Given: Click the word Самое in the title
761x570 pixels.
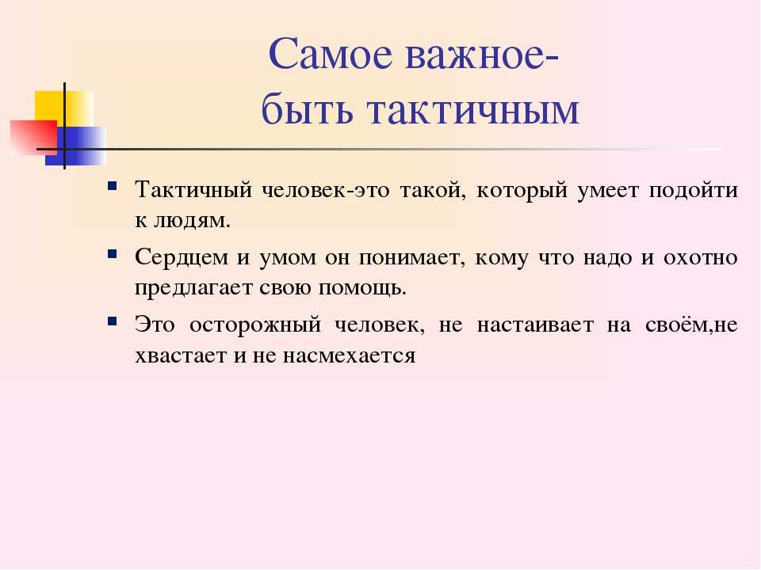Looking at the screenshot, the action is click(x=331, y=54).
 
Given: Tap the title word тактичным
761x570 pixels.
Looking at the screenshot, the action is click(x=473, y=110).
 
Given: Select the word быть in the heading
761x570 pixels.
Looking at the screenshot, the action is click(x=307, y=108).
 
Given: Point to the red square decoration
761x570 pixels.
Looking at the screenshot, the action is click(x=33, y=138).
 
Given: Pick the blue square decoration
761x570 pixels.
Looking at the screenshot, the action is click(x=76, y=146).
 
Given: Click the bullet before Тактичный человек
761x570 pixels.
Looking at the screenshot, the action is click(x=113, y=185).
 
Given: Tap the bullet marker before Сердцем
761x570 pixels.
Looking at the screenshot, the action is click(x=113, y=253).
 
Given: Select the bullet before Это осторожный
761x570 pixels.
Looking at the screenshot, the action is click(x=113, y=321).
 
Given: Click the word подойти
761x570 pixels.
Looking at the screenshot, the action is click(x=693, y=190).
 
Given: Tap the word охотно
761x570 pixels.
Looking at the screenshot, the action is click(x=700, y=257).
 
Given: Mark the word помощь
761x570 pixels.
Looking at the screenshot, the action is click(x=362, y=289).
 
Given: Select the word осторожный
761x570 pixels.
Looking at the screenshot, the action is click(x=255, y=325).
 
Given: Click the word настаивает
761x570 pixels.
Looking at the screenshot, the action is click(x=535, y=325).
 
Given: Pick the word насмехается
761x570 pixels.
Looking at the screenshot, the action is click(x=349, y=356).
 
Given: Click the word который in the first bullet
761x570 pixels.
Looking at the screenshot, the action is click(x=522, y=190).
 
